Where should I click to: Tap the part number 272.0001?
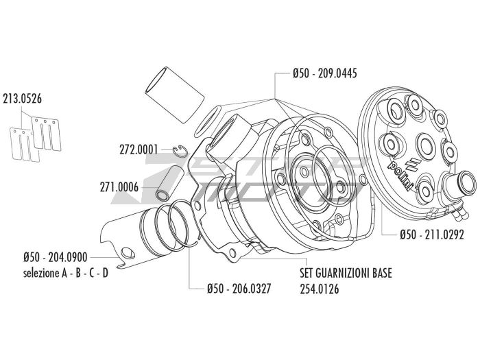[139, 149]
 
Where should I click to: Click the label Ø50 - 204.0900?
[54, 257]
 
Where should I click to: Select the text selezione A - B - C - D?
[64, 272]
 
